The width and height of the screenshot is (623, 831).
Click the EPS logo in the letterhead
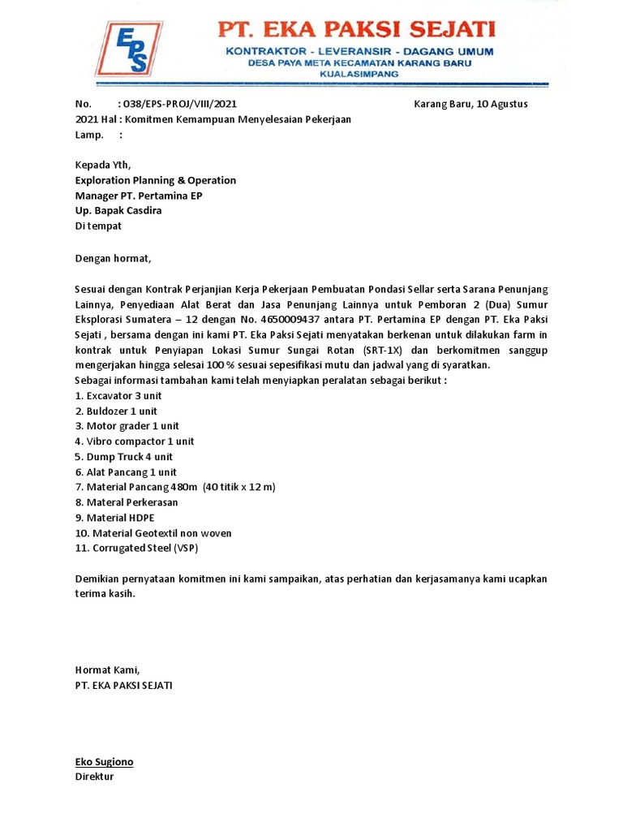tap(127, 49)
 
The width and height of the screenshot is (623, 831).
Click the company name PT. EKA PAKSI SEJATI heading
tap(355, 31)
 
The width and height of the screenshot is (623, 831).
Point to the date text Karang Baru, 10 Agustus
tap(470, 104)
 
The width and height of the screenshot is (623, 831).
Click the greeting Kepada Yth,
tap(102, 166)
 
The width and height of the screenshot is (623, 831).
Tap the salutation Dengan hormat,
tap(114, 259)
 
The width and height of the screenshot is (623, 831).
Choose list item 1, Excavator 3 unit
tap(118, 396)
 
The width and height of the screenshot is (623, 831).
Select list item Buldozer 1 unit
tap(116, 411)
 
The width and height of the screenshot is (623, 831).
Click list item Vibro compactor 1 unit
tap(135, 441)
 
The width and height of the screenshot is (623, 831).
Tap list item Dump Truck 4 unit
tap(124, 457)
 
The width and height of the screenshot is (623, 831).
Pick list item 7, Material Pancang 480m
tap(175, 487)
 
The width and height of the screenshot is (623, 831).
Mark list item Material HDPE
tap(114, 518)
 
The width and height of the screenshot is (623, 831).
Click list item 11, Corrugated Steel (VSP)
tap(136, 548)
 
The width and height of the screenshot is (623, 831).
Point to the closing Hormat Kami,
tap(107, 670)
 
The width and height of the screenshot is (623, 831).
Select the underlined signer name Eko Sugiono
tap(104, 762)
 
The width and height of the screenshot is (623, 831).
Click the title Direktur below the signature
tap(94, 777)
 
